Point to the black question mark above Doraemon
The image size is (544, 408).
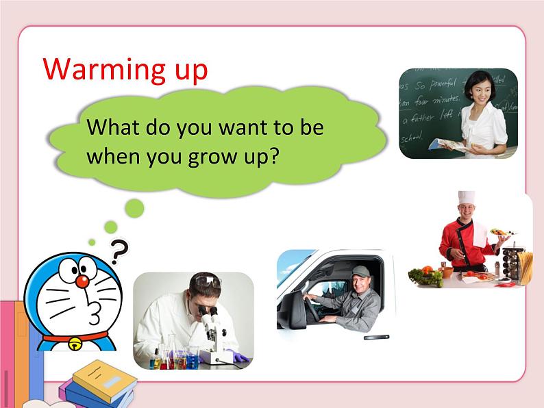pyautogui.click(x=120, y=253)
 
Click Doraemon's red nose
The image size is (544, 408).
pyautogui.click(x=82, y=281)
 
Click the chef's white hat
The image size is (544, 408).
pyautogui.click(x=467, y=198)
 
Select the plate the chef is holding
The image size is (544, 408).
pyautogui.click(x=504, y=233)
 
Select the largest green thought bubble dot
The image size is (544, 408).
pyautogui.click(x=134, y=208)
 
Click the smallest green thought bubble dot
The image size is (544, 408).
pyautogui.click(x=92, y=242)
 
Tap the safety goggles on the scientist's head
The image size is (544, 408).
pyautogui.click(x=208, y=281)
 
